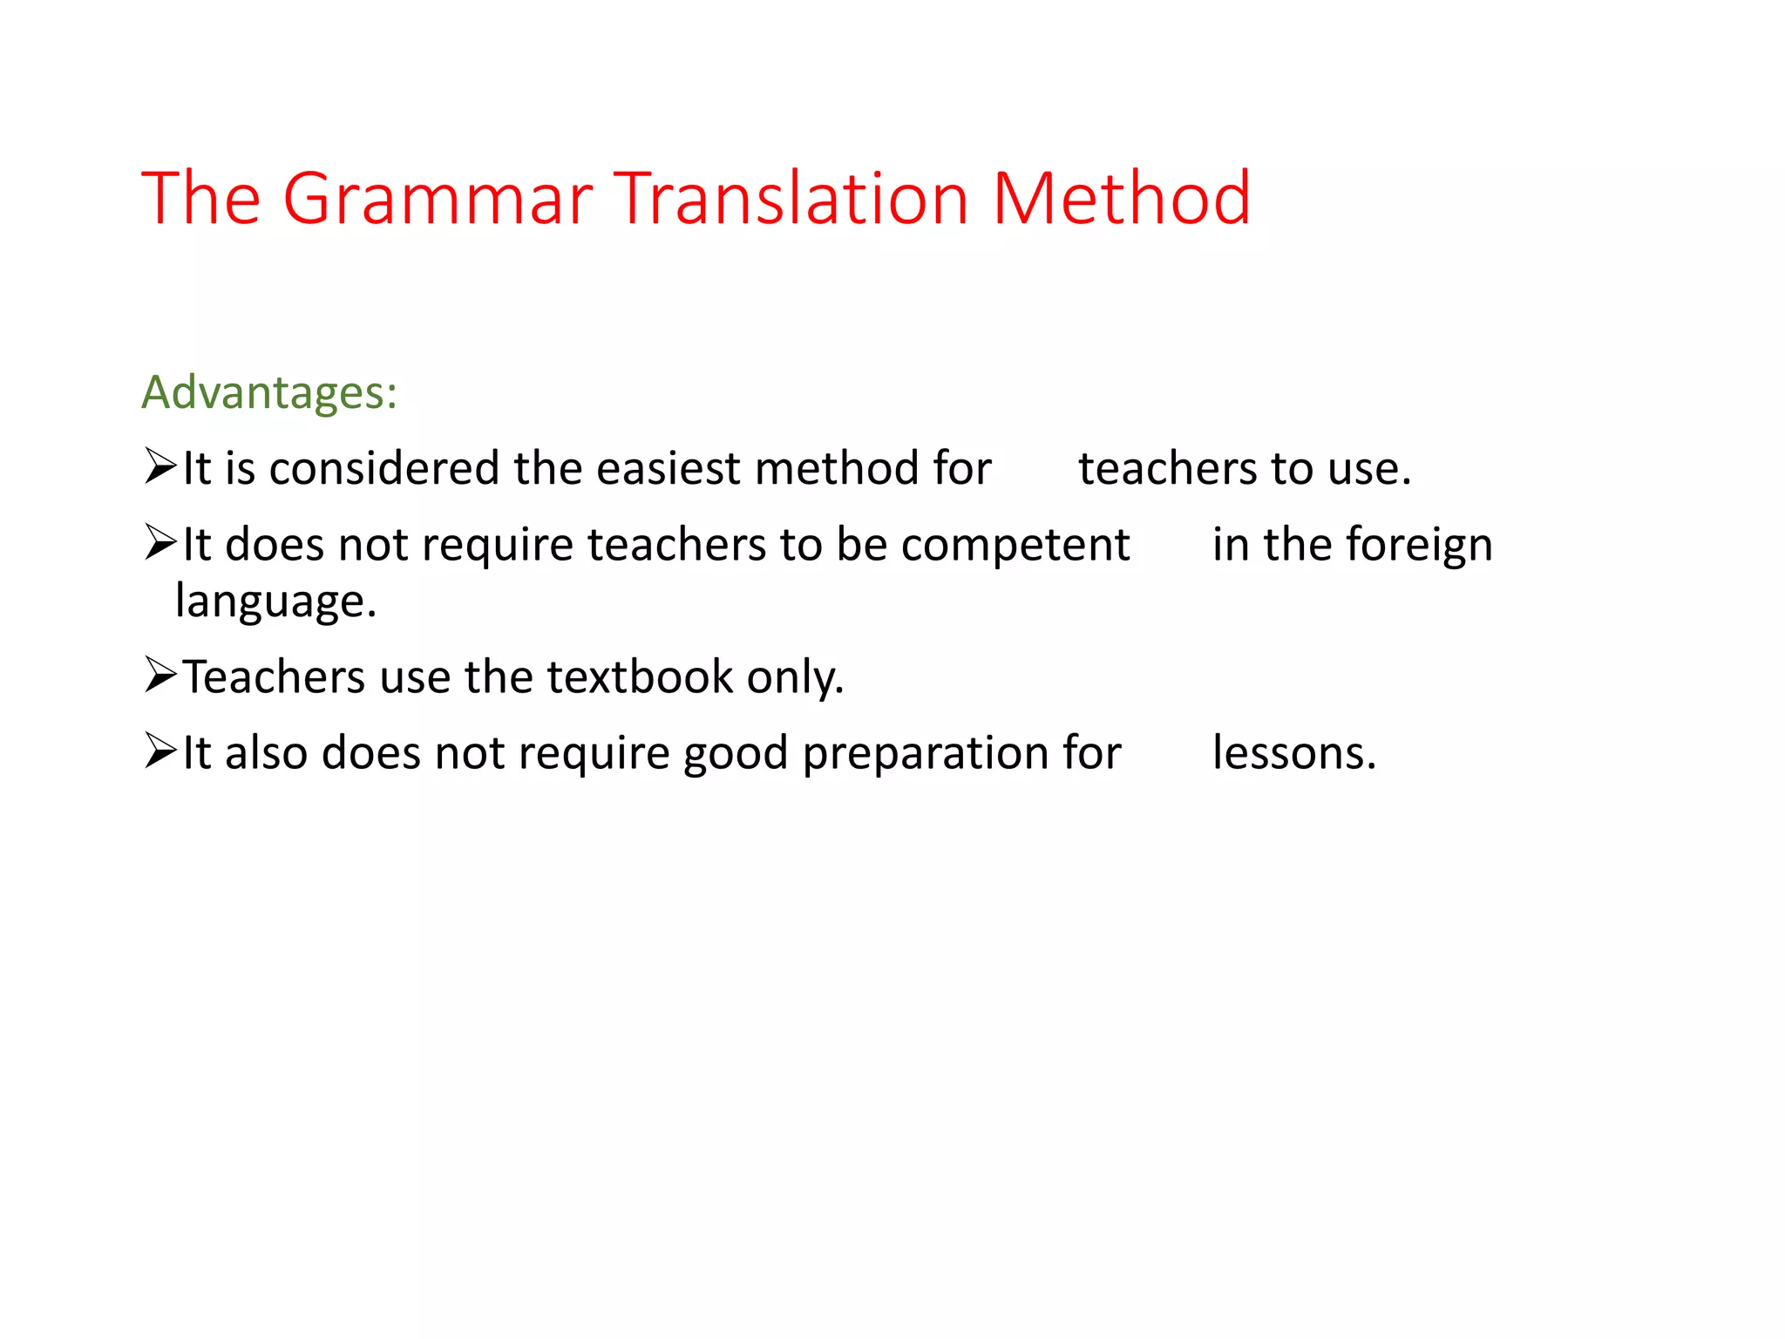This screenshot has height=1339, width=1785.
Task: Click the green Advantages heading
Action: point(269,392)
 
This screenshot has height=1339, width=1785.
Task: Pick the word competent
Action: point(1015,546)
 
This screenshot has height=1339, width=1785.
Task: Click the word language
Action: point(275,602)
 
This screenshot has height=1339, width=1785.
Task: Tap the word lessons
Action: point(1293,753)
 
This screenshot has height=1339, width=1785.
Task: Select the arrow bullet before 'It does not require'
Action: point(160,542)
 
